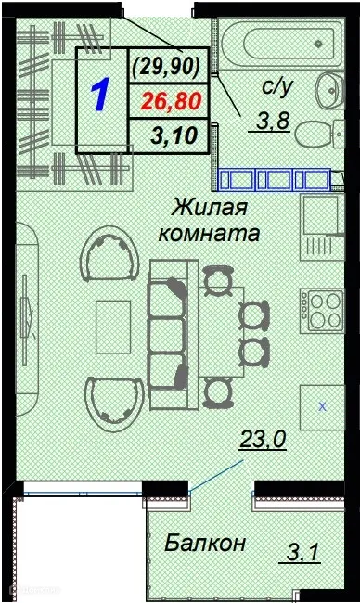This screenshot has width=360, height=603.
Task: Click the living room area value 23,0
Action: click(263, 442)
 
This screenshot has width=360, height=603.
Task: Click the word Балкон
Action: click(205, 543)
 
